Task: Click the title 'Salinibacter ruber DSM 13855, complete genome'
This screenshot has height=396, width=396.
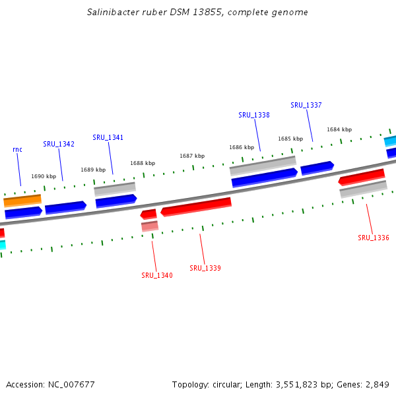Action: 197,13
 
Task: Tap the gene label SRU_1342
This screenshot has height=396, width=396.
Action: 59,144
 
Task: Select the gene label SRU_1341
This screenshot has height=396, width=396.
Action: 108,137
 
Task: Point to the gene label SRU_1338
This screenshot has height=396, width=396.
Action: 254,115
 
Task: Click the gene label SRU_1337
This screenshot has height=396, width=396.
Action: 306,105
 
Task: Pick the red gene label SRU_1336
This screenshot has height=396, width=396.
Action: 374,238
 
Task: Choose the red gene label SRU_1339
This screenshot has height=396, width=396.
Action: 205,268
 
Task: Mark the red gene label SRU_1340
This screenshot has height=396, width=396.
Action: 157,275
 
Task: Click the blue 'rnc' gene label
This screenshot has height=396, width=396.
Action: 18,149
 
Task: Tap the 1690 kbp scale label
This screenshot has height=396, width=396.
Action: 44,176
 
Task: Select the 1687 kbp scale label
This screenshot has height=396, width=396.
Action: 192,156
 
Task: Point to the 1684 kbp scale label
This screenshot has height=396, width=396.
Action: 339,129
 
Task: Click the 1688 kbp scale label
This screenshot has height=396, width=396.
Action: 143,163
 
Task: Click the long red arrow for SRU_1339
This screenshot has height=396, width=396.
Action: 196,207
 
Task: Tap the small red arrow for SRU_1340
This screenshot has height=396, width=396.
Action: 148,214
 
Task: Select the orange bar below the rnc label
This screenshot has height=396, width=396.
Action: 22,200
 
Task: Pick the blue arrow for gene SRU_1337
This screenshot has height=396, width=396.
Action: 317,168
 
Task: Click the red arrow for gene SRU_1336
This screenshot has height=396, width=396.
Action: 361,177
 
